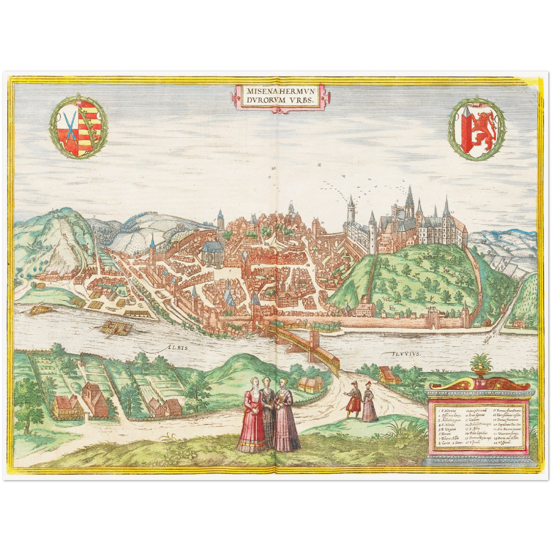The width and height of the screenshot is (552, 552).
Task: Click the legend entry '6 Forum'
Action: (x=444, y=432)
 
